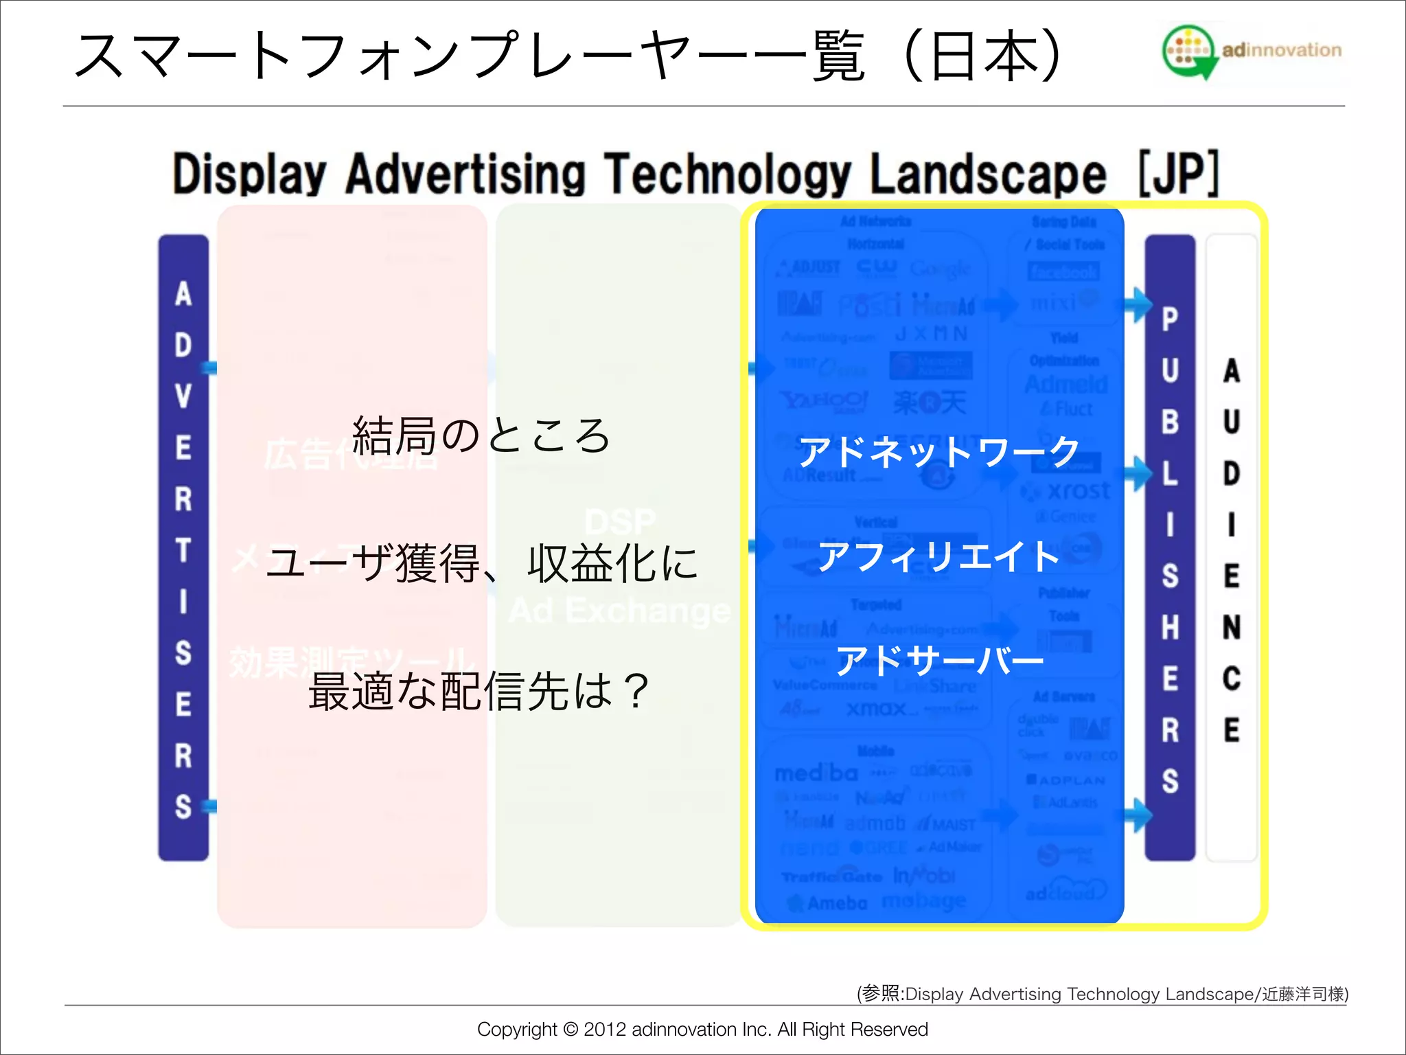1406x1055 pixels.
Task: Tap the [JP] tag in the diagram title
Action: [x=1179, y=174]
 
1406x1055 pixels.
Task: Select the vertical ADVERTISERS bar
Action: [x=183, y=547]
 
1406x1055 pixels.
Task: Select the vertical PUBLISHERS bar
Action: [x=1170, y=547]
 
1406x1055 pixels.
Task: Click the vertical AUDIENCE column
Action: [x=1232, y=547]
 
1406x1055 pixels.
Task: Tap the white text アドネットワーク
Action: [x=939, y=452]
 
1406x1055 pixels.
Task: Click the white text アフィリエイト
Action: [x=939, y=556]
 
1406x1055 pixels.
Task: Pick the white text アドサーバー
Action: [x=939, y=660]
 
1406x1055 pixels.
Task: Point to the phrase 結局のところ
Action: [x=481, y=435]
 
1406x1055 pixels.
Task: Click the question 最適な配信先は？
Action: [x=479, y=691]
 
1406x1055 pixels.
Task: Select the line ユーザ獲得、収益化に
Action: [x=481, y=563]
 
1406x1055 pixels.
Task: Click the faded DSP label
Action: [x=620, y=522]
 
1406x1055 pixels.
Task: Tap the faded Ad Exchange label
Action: [x=620, y=611]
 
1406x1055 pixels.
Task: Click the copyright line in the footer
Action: [x=702, y=1029]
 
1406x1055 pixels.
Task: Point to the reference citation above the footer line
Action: [x=1103, y=994]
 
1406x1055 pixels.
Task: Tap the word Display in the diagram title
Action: [x=249, y=174]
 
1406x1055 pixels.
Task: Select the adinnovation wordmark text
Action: [x=1281, y=50]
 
